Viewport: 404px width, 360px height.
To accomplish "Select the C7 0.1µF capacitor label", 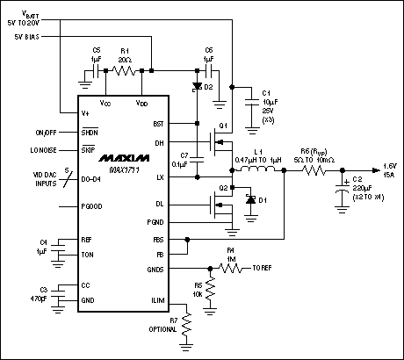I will (x=178, y=159).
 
